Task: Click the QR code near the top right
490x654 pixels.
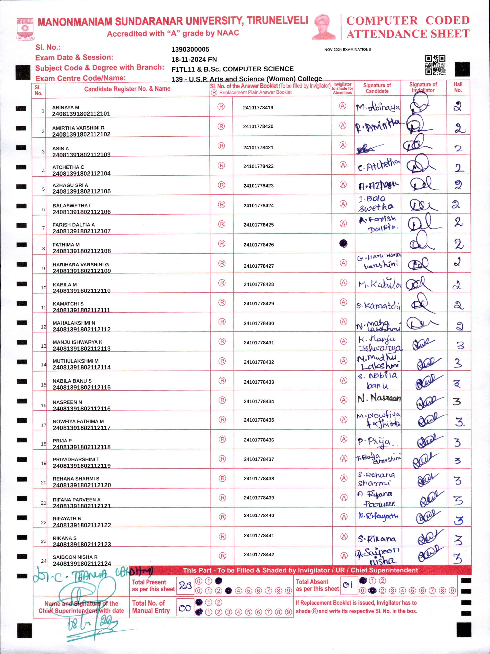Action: [x=435, y=65]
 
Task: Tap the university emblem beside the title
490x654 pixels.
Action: [x=25, y=29]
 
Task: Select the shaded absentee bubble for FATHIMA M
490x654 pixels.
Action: [x=343, y=244]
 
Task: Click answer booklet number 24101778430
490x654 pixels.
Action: [x=259, y=323]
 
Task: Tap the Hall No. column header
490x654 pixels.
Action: [x=458, y=87]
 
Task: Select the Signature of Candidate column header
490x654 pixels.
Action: [x=377, y=88]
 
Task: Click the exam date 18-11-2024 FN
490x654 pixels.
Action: [x=194, y=59]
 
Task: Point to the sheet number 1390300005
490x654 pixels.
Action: [x=190, y=49]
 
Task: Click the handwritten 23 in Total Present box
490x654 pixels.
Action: [x=185, y=585]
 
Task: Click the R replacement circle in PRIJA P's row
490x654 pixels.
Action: [x=222, y=439]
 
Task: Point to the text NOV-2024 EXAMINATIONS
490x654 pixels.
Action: [x=347, y=49]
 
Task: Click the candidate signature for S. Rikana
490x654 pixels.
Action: [x=377, y=539]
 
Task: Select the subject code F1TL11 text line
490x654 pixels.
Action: [x=232, y=69]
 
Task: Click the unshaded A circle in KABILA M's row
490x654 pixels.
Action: [x=343, y=283]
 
